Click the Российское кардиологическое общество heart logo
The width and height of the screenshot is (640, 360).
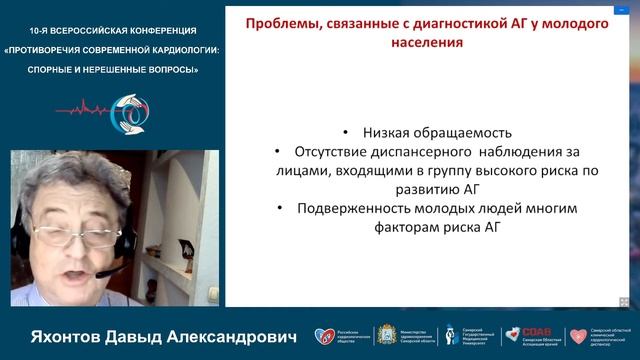tap(321, 337)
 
